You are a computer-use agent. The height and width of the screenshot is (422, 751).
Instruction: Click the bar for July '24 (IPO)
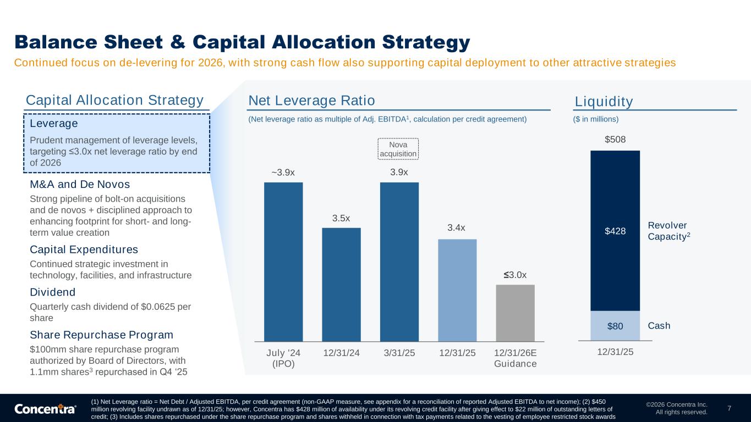pyautogui.click(x=283, y=262)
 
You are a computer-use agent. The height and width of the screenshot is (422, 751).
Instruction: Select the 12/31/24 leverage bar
pyautogui.click(x=341, y=284)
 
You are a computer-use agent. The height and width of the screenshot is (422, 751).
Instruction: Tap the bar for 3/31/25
pyautogui.click(x=399, y=262)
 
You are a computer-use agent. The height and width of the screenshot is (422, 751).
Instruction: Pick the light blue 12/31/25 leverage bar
pyautogui.click(x=457, y=290)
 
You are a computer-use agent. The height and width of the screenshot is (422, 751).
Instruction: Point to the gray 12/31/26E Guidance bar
pyautogui.click(x=515, y=313)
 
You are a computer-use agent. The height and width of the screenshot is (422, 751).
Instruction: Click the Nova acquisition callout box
pyautogui.click(x=398, y=149)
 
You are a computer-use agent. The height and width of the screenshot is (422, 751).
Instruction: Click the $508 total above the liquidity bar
pyautogui.click(x=615, y=140)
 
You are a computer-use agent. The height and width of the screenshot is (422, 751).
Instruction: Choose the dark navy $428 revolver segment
pyautogui.click(x=615, y=231)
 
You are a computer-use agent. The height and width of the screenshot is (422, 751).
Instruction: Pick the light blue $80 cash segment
pyautogui.click(x=615, y=326)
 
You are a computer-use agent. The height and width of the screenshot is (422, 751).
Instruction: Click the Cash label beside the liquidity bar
pyautogui.click(x=659, y=326)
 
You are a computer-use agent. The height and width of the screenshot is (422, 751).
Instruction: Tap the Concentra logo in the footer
pyautogui.click(x=45, y=409)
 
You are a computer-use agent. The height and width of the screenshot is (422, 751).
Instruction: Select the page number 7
pyautogui.click(x=729, y=408)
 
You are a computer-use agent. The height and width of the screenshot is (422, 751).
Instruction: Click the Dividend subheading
pyautogui.click(x=52, y=292)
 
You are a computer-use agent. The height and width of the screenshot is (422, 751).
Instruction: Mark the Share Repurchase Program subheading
pyautogui.click(x=101, y=335)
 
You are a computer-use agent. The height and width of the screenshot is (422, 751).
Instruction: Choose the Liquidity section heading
pyautogui.click(x=604, y=102)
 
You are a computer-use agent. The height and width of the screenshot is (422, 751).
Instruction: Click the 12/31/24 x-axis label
pyautogui.click(x=341, y=352)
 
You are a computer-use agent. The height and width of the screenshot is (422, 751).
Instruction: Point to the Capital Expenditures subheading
pyautogui.click(x=84, y=249)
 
